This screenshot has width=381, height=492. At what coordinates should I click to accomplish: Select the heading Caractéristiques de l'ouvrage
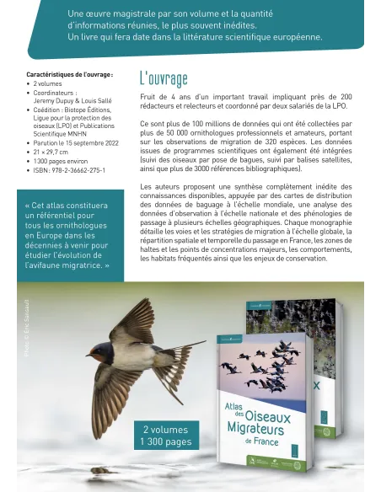coord(68,75)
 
